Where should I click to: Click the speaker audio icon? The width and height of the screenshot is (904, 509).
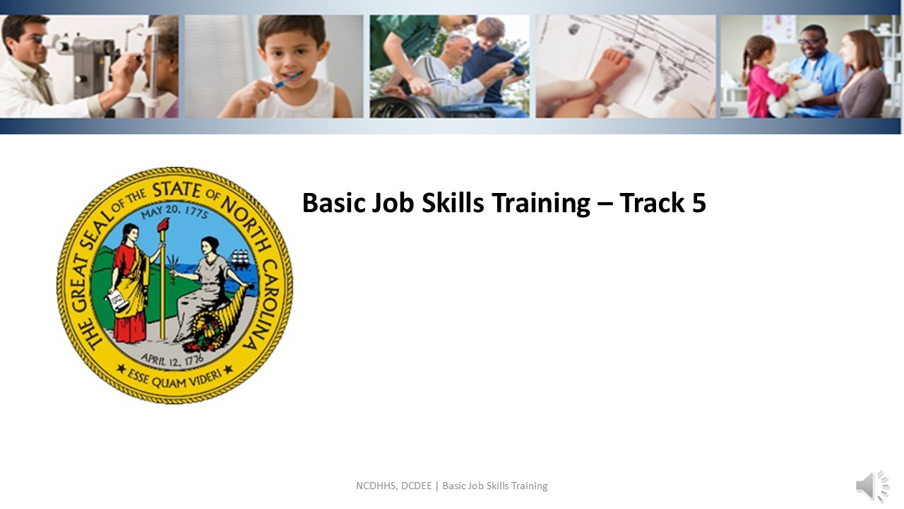[872, 486]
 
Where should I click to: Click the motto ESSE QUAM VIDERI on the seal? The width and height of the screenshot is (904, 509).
[174, 380]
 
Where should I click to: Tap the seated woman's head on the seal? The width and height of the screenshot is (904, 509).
[209, 245]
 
